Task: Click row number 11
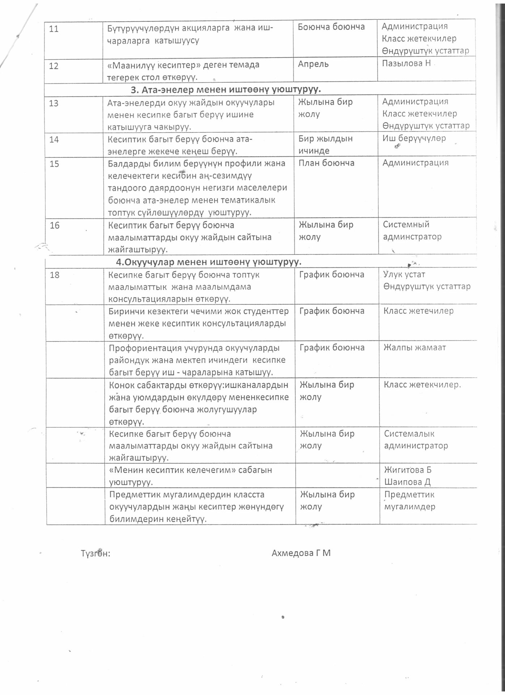[54, 29]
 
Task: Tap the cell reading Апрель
[313, 64]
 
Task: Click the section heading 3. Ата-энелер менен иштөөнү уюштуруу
[226, 89]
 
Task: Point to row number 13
[54, 103]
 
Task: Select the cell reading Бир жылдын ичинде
[325, 144]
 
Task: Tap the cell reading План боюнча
[327, 163]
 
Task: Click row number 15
[54, 164]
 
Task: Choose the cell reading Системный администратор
[412, 231]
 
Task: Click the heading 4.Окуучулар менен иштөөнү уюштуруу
[208, 261]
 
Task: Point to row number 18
[55, 275]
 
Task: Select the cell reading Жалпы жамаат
[415, 347]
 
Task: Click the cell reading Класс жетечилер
[418, 311]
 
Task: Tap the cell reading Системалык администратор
[416, 439]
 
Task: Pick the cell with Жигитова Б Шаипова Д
[408, 476]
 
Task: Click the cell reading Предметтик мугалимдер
[409, 501]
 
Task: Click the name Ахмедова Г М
[301, 553]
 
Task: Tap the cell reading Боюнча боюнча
[331, 26]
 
